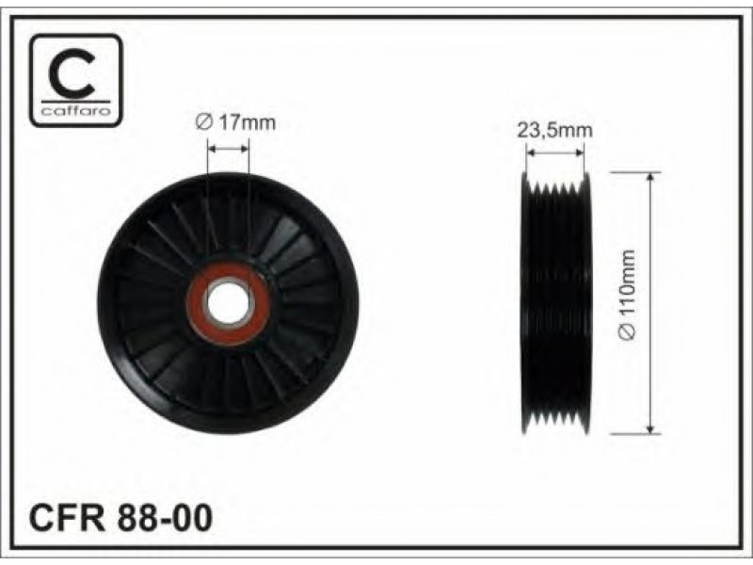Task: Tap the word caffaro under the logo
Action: [x=76, y=112]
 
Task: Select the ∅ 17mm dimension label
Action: [x=235, y=122]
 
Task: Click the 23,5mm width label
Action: [x=554, y=130]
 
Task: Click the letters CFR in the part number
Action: [x=67, y=517]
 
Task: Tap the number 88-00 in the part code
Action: [x=163, y=517]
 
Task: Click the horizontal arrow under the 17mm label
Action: [x=228, y=149]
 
